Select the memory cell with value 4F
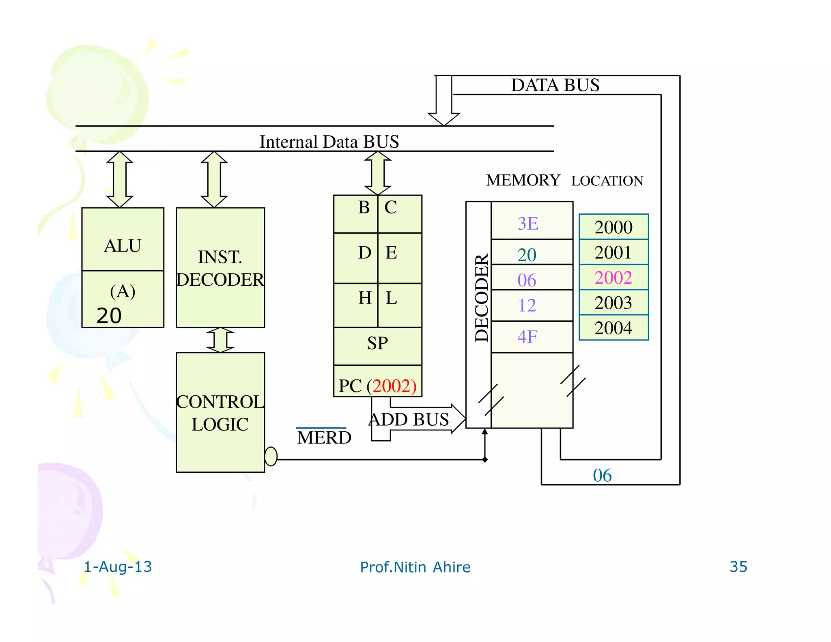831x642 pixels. coord(532,337)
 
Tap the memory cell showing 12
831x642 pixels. coord(532,305)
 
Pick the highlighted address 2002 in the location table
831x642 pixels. coord(613,278)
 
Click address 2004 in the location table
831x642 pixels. coord(613,328)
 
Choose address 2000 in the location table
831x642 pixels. coord(613,227)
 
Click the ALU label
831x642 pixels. coord(123,246)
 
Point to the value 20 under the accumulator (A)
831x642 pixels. coord(109,316)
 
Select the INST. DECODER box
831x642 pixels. coord(220,268)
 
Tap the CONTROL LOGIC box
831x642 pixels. coord(220,413)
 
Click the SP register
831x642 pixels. coord(377,344)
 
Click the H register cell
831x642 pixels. coord(364,299)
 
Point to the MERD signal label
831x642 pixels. coord(324,437)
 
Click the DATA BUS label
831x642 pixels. coord(555,85)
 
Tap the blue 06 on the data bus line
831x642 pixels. coord(602,476)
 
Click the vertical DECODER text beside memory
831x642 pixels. coord(481,298)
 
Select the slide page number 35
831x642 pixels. coord(738,567)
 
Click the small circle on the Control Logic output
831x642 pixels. coord(271,456)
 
